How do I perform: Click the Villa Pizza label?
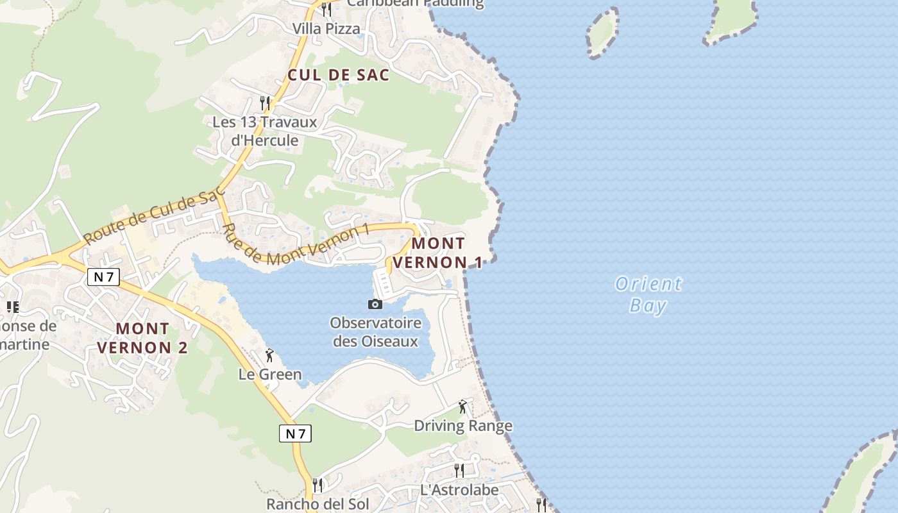pos(326,29)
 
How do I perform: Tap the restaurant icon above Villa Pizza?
pos(326,9)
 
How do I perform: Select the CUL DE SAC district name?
pos(338,75)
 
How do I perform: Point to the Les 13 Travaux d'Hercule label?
pos(265,131)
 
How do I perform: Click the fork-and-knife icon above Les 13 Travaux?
pos(264,102)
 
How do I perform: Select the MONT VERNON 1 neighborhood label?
pos(437,253)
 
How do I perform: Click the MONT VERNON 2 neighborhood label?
pos(142,338)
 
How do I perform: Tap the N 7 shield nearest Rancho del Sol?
pos(295,433)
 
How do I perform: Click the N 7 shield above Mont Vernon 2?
pos(103,277)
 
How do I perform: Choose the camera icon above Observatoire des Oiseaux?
pos(375,304)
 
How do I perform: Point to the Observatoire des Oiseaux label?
pos(376,332)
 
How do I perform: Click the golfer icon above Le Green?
pos(269,355)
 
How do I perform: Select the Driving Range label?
pos(462,426)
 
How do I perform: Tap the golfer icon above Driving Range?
pos(462,407)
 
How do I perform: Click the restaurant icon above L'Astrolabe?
pos(459,471)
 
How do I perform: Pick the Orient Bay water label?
pos(648,294)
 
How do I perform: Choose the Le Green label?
pos(270,374)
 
